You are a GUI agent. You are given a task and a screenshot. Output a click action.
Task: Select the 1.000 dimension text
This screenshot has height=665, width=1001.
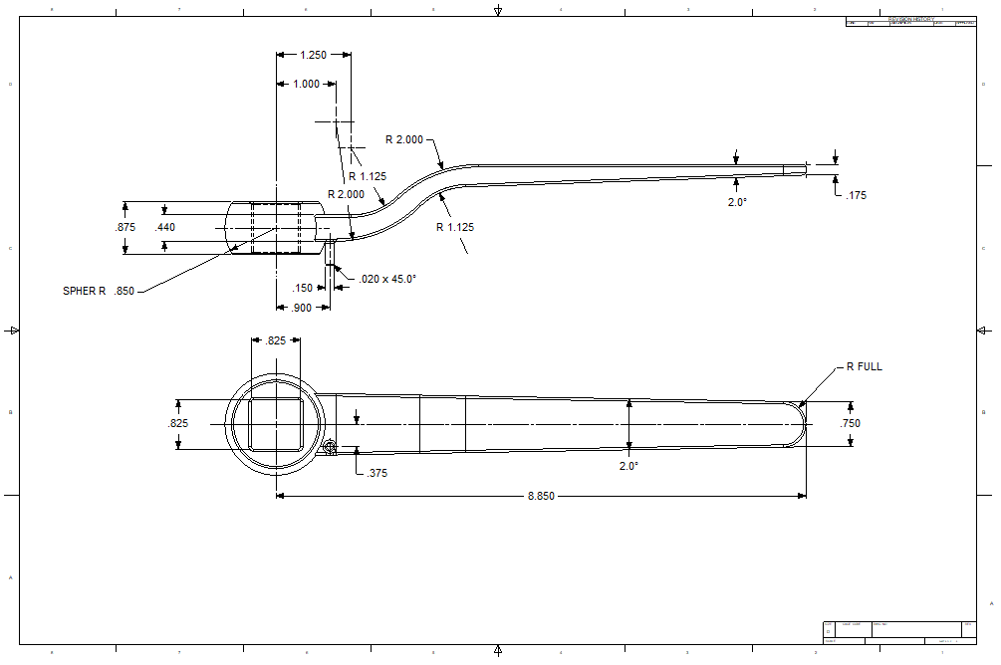tap(306, 85)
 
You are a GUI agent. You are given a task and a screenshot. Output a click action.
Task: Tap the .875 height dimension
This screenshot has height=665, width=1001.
tap(125, 228)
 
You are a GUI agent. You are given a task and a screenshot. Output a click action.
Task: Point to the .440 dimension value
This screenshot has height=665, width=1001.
tap(165, 228)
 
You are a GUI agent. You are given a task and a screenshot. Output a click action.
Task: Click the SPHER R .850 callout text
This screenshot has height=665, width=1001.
tap(98, 292)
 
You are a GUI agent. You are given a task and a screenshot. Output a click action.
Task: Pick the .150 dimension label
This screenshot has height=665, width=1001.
tap(302, 289)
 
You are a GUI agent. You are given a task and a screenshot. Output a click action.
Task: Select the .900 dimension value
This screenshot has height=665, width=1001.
tap(302, 308)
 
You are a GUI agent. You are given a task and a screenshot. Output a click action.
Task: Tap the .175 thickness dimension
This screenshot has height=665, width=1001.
tap(856, 196)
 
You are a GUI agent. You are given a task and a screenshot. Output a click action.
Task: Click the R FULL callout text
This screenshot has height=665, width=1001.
tap(864, 367)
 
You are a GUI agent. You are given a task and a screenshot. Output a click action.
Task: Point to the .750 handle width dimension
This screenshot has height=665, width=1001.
tap(850, 424)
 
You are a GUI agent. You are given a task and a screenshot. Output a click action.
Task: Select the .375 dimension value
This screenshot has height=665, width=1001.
tap(376, 474)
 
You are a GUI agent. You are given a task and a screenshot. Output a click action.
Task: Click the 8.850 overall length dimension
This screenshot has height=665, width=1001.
tap(541, 496)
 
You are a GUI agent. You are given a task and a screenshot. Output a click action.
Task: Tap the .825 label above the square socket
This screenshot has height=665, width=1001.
tap(276, 340)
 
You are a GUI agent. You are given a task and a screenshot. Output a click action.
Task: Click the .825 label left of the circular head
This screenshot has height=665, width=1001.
tap(177, 424)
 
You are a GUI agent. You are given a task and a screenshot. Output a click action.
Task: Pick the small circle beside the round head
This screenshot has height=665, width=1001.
tap(330, 448)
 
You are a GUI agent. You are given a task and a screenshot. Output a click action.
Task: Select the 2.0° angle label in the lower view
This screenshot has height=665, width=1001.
tap(627, 466)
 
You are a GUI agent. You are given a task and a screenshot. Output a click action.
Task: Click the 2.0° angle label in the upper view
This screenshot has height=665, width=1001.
tap(736, 202)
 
